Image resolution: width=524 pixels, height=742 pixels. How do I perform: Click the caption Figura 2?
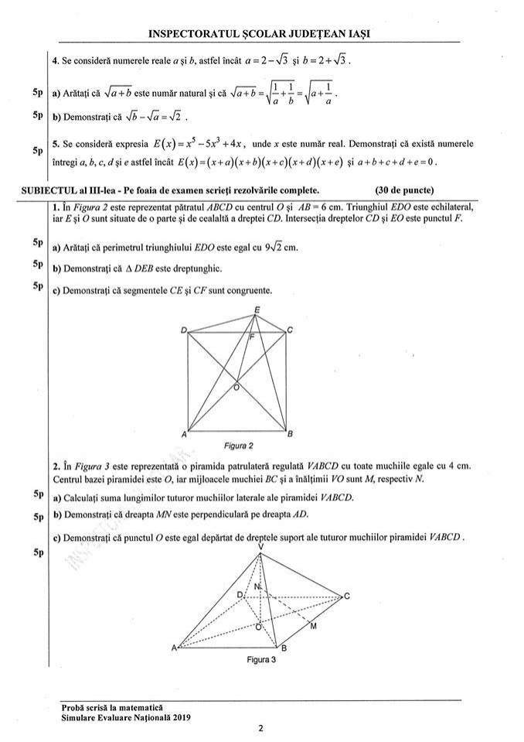click(238, 446)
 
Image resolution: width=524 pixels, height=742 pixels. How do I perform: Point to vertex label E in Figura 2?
click(257, 309)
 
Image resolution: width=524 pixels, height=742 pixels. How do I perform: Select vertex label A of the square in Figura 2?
click(184, 435)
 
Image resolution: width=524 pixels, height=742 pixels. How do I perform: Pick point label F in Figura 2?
click(251, 338)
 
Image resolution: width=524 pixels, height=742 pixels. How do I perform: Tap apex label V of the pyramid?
click(260, 546)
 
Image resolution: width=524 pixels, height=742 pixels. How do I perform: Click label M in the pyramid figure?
click(312, 625)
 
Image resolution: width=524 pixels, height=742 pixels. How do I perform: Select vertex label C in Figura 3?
click(347, 596)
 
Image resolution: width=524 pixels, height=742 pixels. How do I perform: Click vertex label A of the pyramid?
click(173, 648)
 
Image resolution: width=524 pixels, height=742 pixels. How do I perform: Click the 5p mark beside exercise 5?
click(37, 150)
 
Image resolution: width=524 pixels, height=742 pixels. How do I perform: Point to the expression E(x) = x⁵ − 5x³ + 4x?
click(200, 144)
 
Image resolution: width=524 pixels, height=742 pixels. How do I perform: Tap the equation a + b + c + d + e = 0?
click(398, 162)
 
